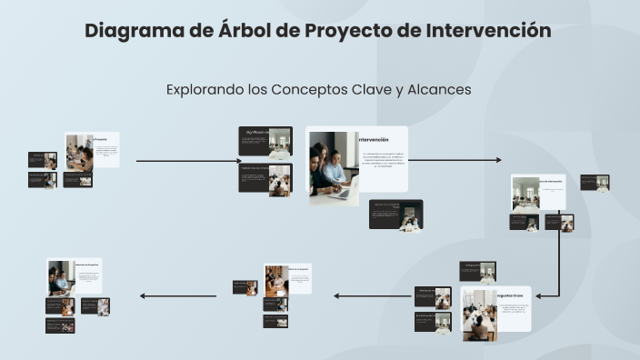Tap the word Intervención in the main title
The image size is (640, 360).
coord(487,30)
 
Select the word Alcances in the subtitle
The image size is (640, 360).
coord(438,89)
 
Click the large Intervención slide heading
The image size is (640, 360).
coord(374,140)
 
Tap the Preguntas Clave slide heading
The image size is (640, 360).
coord(511,296)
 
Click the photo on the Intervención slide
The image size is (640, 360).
coord(334,166)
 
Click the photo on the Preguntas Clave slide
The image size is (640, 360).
coord(479,315)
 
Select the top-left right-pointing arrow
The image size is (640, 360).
coord(188,161)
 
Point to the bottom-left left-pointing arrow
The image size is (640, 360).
coord(177,295)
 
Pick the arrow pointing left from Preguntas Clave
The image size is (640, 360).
coord(373,295)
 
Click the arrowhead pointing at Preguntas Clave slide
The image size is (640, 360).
coord(538,295)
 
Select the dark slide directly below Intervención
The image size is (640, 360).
coord(395,215)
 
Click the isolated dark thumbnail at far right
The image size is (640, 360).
coord(595,182)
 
